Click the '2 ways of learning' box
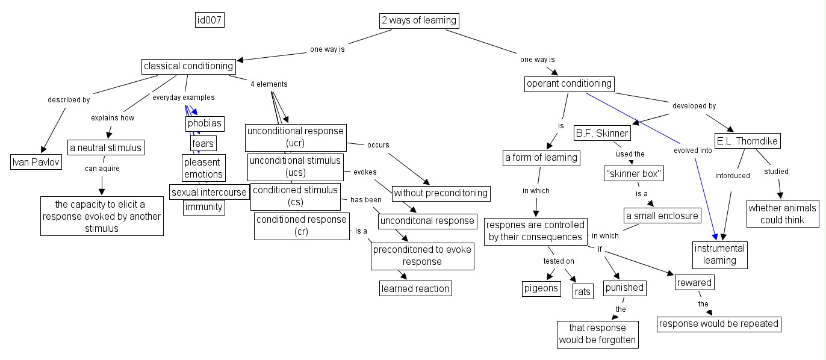point(419,21)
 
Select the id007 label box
point(210,20)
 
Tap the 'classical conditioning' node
point(188,66)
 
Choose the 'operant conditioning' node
point(569,84)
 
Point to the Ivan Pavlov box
point(37,162)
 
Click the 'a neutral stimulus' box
point(105,147)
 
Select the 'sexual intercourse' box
point(209,193)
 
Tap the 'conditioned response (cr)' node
point(302,226)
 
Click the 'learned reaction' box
point(415,288)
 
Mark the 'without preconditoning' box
point(441,194)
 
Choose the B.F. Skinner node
point(601,133)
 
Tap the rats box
point(583,292)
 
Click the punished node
point(624,288)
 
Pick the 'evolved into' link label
point(692,151)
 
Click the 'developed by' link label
point(694,106)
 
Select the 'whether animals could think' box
point(783,214)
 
